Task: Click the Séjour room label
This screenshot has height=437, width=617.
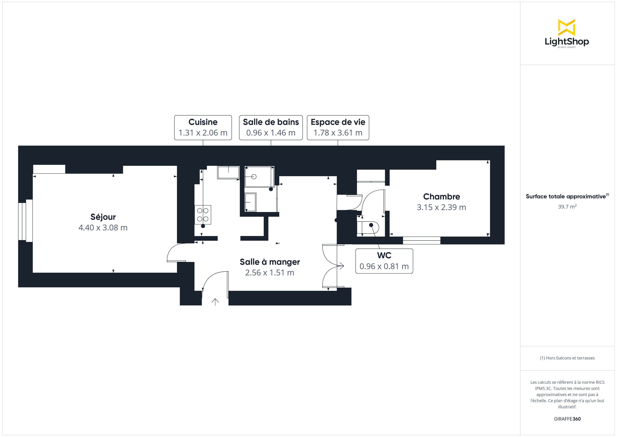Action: [103, 217]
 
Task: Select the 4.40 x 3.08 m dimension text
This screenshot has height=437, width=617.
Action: [103, 228]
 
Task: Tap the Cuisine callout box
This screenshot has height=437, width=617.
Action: [203, 128]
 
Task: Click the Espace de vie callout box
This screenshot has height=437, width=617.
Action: [338, 128]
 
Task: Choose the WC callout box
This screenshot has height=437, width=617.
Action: [384, 261]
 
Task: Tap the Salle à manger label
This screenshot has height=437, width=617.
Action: [270, 262]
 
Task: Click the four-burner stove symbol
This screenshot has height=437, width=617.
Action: [203, 215]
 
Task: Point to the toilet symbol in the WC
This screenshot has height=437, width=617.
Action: [370, 228]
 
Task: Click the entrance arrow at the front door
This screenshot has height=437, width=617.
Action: [215, 302]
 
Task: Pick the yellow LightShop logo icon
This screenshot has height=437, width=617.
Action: [566, 27]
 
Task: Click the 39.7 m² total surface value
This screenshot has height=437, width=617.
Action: [567, 207]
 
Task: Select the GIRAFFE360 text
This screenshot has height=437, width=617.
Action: [567, 419]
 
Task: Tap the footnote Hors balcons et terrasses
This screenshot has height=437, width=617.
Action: [567, 358]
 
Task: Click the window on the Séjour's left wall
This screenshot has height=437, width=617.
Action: [26, 221]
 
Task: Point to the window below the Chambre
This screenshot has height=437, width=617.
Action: [421, 240]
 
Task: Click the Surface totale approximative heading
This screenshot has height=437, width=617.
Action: [567, 196]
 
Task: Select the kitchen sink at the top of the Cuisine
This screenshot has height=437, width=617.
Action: [228, 172]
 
